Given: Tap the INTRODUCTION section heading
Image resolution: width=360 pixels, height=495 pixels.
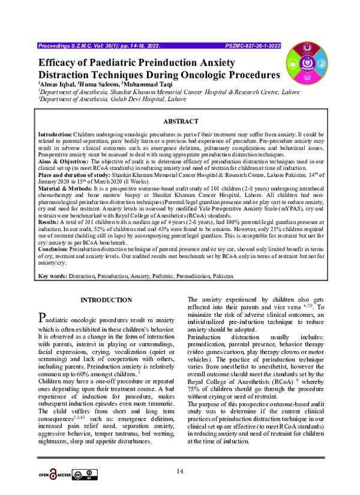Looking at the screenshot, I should (106, 299).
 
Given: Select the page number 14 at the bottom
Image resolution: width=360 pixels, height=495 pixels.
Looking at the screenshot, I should (179, 472).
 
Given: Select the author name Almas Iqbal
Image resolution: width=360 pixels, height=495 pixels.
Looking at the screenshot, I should (57, 85).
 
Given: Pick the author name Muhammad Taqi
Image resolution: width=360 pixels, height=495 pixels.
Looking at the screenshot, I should (145, 85).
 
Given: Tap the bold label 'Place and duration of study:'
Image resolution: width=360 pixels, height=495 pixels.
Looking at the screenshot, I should (76, 175).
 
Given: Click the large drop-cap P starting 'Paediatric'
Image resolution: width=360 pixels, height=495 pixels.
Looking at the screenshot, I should (41, 317).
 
